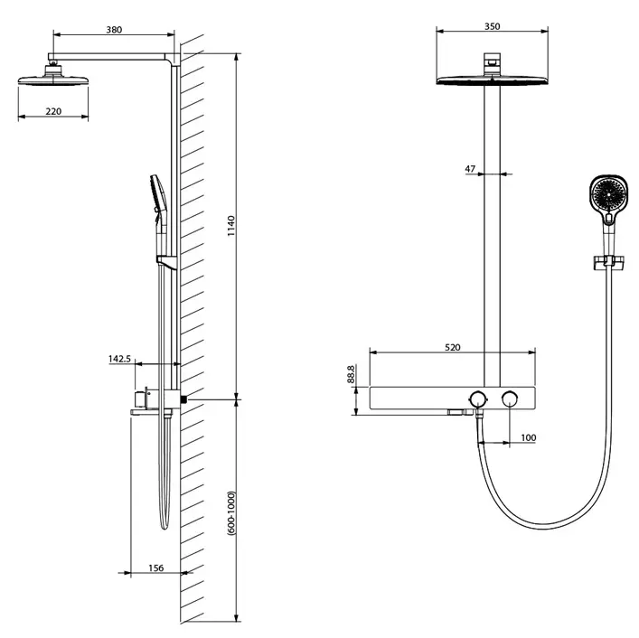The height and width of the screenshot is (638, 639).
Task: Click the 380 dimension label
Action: (114, 30)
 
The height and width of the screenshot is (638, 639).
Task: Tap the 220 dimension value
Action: (53, 111)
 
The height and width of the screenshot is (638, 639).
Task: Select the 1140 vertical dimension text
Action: (231, 226)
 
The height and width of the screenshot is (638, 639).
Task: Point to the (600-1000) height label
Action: (231, 513)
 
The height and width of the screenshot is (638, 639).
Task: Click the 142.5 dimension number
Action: (119, 359)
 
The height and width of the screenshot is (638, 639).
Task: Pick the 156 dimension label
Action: (156, 568)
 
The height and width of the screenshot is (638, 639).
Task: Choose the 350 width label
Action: (493, 26)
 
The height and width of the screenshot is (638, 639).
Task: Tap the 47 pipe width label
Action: (470, 169)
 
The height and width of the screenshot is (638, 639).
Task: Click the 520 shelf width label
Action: (452, 348)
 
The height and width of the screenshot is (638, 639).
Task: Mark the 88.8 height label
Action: (351, 374)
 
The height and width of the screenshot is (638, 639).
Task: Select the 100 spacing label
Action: (528, 437)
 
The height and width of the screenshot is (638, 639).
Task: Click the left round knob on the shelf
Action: (477, 399)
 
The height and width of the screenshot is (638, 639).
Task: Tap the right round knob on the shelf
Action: (510, 399)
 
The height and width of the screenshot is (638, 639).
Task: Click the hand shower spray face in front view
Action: (608, 194)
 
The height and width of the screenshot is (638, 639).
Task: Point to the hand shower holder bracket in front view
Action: (608, 262)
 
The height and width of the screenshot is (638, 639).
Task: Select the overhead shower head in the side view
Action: (53, 76)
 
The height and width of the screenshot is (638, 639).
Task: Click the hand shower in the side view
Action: (159, 216)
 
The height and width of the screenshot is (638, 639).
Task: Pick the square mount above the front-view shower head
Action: (492, 64)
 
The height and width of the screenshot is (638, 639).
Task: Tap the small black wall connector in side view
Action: (184, 399)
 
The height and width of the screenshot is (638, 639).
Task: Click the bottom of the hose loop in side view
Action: (164, 527)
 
